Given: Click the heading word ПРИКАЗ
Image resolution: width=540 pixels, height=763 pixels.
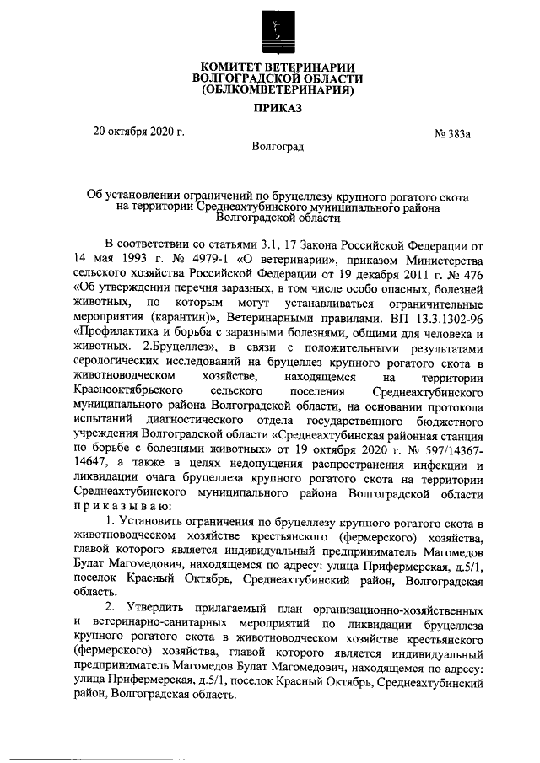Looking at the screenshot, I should click(274, 108).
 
